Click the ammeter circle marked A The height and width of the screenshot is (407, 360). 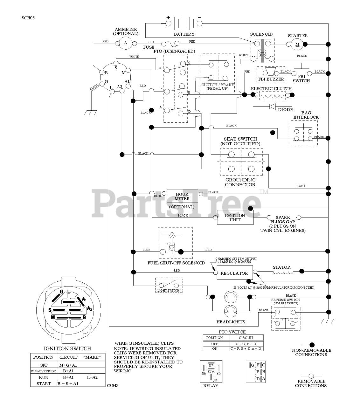[125, 43]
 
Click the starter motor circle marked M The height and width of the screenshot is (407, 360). [297, 45]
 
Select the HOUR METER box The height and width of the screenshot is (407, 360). [182, 197]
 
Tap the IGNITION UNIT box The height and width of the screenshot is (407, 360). [235, 217]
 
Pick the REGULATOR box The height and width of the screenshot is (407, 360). [234, 273]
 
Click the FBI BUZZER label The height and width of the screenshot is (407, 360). [271, 79]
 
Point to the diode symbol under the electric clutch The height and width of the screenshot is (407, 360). [272, 107]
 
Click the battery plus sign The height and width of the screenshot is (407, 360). [168, 18]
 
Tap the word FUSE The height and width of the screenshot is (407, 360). [149, 47]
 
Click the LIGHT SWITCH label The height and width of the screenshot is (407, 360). [169, 290]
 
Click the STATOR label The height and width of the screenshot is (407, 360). [281, 267]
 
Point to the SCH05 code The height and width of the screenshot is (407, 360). [28, 18]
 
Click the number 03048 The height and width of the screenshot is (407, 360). [113, 386]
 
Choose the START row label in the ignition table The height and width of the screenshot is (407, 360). [44, 383]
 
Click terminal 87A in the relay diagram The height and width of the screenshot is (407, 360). [211, 371]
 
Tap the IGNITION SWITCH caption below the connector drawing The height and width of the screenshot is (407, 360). [67, 348]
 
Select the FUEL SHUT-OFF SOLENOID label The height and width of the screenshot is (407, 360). [176, 263]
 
